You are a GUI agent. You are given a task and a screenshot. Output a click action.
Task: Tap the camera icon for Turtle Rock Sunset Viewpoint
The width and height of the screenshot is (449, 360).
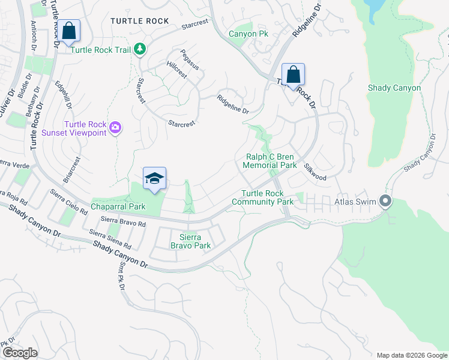tap(116, 127)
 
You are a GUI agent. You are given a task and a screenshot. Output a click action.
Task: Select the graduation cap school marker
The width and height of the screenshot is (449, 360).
tap(154, 178)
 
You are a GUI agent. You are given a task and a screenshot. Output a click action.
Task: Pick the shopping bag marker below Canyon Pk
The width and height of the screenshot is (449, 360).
tap(293, 75)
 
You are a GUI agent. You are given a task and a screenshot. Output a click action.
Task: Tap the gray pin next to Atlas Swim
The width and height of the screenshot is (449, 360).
tap(385, 202)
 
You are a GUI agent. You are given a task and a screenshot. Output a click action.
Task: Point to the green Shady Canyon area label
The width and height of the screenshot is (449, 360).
tap(394, 88)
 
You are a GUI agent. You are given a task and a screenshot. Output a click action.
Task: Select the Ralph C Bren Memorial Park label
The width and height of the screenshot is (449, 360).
tap(271, 160)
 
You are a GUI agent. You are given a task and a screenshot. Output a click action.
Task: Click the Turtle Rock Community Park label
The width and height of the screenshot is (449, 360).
tap(267, 197)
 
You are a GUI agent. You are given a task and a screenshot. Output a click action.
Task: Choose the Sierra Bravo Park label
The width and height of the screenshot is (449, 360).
tap(190, 241)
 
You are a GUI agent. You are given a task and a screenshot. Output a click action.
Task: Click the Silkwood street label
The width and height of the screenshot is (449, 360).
tap(315, 172)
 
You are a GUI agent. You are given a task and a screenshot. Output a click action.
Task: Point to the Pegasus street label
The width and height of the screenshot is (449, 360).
tap(189, 59)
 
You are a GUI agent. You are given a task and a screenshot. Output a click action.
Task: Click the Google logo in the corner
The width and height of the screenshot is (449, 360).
tap(19, 353)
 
